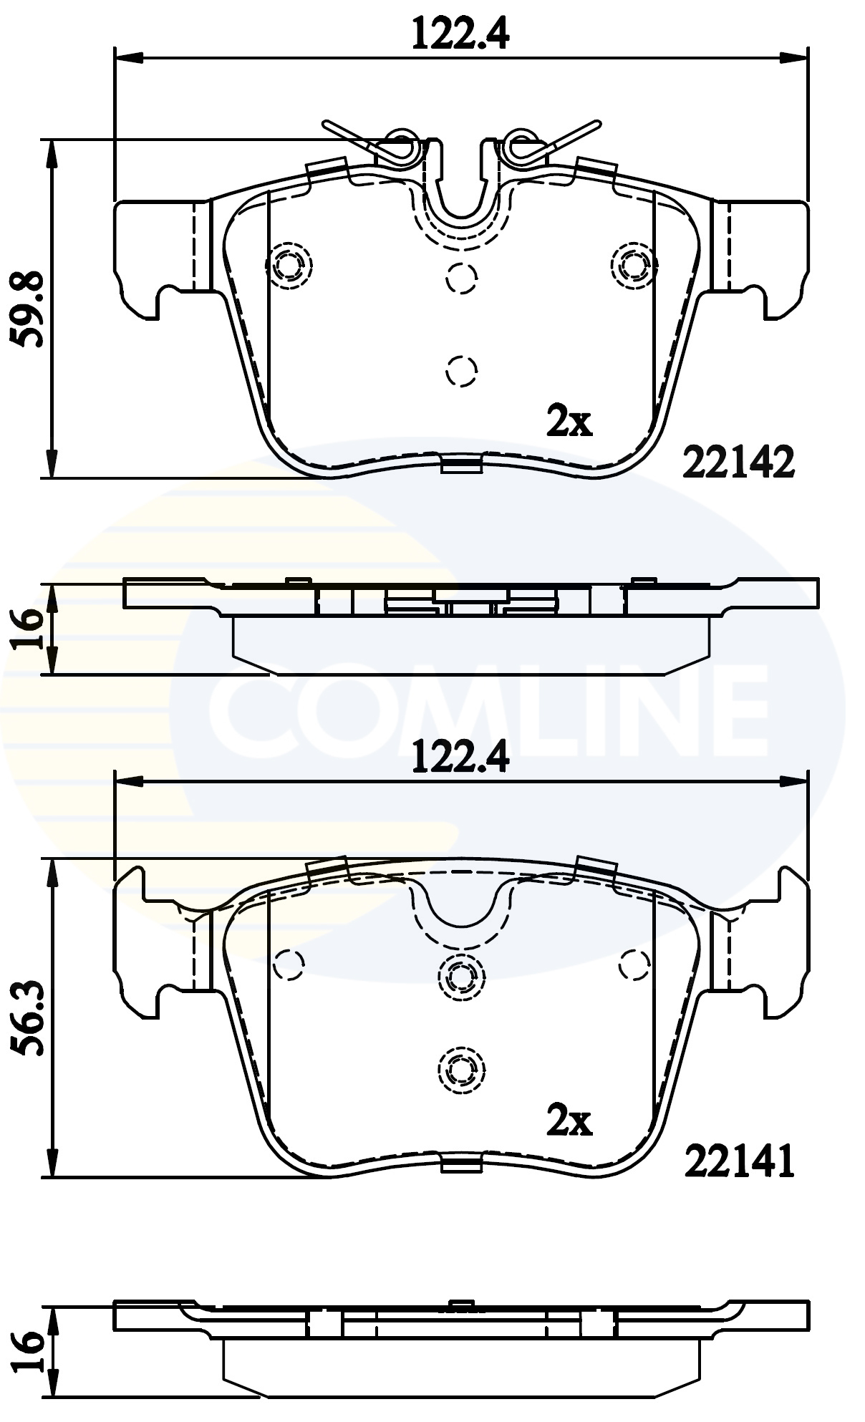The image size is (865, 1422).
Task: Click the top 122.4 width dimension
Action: pos(460,34)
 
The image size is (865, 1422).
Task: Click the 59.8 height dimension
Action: pos(30,309)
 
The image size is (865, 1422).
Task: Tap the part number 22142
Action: pos(739,463)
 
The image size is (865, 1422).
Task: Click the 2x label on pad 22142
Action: pos(569,422)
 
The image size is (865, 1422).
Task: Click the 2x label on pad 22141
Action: pos(569,1121)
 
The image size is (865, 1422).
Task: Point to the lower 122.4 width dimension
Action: pos(460,757)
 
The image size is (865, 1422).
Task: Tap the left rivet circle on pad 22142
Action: pos(289,266)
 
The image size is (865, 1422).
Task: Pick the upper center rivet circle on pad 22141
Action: pos(461,975)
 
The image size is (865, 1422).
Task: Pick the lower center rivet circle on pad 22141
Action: pos(461,1069)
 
